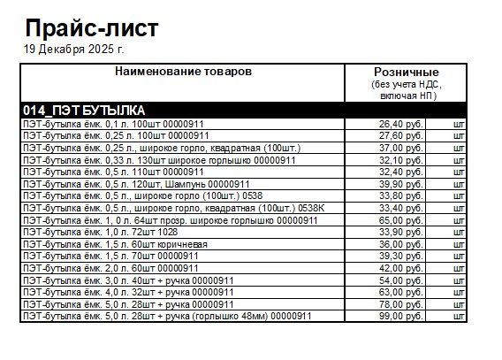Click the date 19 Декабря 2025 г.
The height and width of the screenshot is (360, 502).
coord(74,49)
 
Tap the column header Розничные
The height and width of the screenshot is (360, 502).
coord(407,72)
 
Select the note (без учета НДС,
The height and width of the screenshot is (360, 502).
coord(407,83)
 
